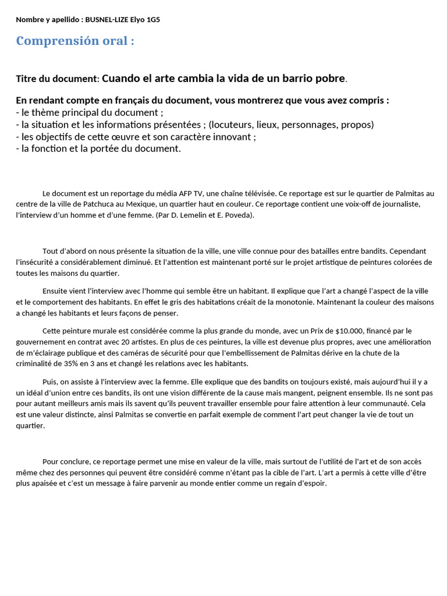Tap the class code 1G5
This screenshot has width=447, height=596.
pos(152,20)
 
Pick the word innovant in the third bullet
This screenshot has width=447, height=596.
pos(235,137)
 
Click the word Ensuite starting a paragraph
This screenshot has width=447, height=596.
pos(56,290)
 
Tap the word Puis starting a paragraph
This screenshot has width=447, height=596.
pos(50,381)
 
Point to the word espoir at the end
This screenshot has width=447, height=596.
pos(314,483)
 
